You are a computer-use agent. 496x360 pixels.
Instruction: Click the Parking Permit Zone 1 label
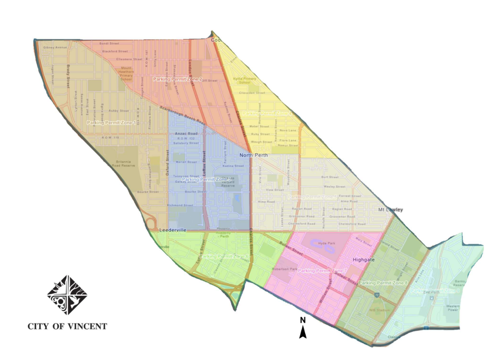coord(111,122)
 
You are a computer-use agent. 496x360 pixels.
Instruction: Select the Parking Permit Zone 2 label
coord(177,79)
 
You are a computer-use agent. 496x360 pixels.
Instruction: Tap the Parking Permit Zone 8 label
coord(383,283)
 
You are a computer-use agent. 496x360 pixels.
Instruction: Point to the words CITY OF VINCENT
coord(67,326)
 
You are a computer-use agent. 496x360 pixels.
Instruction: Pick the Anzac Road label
coord(185,133)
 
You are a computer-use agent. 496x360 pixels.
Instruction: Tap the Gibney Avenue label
coord(55,47)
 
